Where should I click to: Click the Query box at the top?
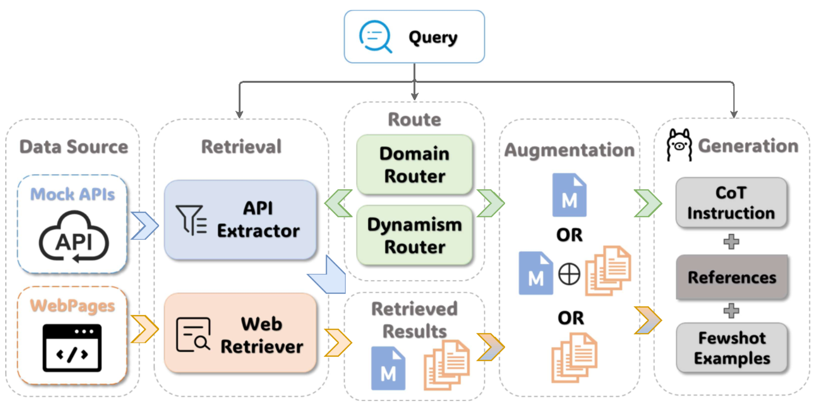414,37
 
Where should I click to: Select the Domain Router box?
414,164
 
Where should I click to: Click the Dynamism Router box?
414,236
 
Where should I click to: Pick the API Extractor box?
241,220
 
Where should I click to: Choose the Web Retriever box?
241,333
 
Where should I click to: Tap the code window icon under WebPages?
72,348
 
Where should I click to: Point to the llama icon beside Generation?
679,145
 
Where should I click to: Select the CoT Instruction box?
731,203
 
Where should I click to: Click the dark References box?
732,277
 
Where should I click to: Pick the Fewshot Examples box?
732,348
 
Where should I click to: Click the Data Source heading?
74,147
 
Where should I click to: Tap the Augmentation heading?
569,150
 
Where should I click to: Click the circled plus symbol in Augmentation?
569,274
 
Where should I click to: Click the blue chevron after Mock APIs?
144,226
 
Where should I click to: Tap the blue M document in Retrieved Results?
388,368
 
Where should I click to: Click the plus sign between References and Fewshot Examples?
731,311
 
